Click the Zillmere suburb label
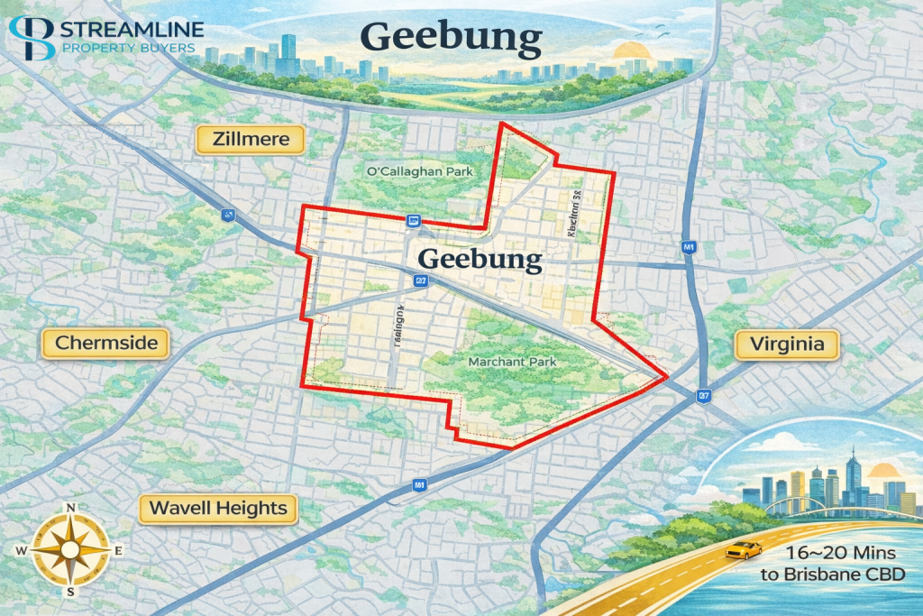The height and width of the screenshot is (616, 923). point(251,140)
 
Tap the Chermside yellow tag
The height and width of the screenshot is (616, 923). point(106,344)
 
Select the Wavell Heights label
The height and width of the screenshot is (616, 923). point(218,508)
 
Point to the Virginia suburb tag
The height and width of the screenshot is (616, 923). point(787,345)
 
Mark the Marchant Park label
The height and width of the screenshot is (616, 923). point(512,362)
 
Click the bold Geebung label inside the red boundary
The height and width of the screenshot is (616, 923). point(480,260)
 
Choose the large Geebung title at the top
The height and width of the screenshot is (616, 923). point(451,39)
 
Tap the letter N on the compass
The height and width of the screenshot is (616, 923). point(70,507)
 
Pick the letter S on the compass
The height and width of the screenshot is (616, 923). point(70,593)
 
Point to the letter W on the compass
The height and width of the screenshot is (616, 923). point(22,550)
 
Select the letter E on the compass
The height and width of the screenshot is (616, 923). point(119,550)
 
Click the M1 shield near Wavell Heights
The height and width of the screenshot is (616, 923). point(418,486)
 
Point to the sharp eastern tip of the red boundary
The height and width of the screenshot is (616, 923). point(666,375)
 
